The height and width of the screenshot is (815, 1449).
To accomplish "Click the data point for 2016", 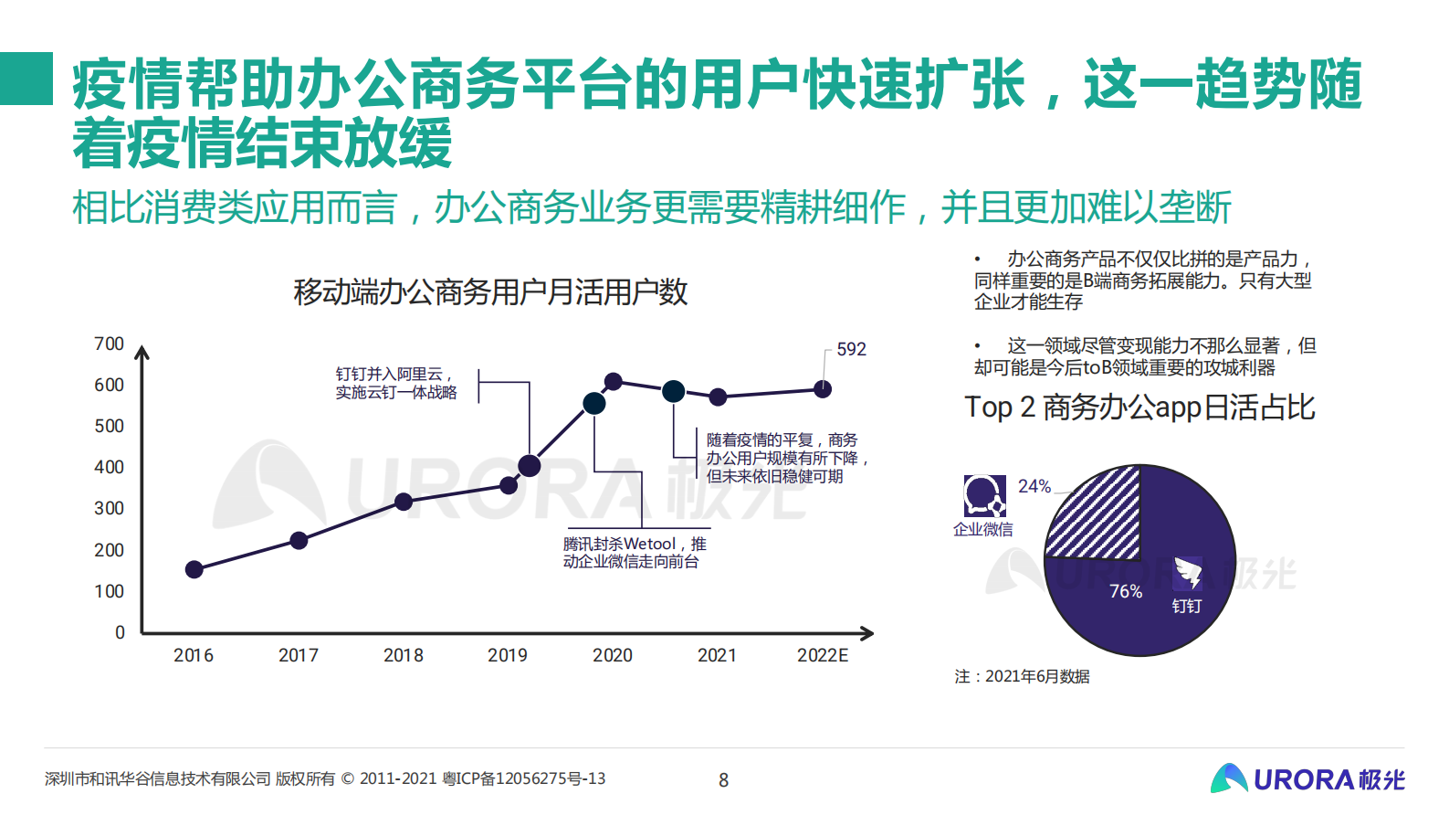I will (194, 569).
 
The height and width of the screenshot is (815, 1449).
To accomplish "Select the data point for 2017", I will (299, 540).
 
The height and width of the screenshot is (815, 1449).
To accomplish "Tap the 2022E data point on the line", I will (823, 389).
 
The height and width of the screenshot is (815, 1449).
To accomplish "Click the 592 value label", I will (851, 349).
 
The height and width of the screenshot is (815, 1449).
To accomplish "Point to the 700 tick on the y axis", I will (109, 344).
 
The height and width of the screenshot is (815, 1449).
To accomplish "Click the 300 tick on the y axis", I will (109, 508).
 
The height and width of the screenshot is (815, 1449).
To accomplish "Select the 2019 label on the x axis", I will (508, 655).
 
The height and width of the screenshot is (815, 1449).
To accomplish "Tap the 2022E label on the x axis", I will (823, 655).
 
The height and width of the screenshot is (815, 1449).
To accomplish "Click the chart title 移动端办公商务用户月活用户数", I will (490, 292).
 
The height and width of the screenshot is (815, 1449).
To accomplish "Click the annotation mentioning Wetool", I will (634, 552).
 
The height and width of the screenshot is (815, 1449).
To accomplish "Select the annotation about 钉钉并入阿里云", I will (395, 383).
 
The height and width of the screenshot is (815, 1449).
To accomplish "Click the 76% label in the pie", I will (1126, 591).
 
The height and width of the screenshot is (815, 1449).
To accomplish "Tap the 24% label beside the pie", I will (1034, 486).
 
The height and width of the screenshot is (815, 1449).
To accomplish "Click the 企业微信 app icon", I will (984, 496).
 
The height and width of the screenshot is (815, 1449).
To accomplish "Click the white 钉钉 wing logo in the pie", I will (1188, 573).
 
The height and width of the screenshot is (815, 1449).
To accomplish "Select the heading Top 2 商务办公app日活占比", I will (1139, 407).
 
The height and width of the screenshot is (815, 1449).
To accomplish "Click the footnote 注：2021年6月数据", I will (1022, 676).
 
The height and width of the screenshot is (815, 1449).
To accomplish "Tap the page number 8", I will (724, 780).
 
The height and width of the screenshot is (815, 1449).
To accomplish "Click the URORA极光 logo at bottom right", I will (1307, 778).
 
